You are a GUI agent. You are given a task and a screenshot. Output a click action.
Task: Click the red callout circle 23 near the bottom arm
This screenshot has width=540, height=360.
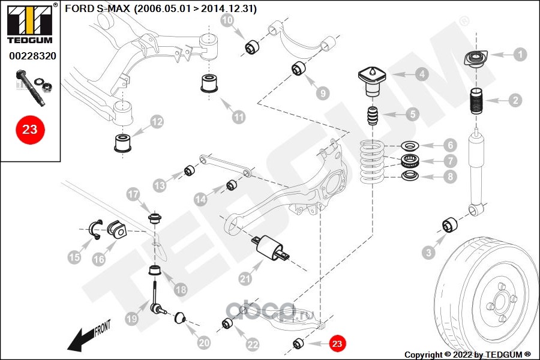[x=337, y=343]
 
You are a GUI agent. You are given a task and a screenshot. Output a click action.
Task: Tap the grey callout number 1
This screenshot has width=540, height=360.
[x=520, y=55]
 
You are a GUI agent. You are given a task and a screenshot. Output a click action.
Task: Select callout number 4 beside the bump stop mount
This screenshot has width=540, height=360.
[x=422, y=74]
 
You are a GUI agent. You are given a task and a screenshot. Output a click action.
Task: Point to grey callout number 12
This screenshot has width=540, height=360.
[x=157, y=122]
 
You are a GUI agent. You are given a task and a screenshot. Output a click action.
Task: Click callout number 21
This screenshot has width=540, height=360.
[x=244, y=278]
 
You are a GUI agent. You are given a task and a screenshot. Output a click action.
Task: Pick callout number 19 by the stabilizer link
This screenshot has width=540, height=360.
[x=131, y=320]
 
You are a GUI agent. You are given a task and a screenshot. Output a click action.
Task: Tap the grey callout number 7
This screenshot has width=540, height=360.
[x=450, y=161]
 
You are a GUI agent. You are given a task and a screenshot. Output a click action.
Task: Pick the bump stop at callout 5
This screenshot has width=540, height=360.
[x=373, y=116]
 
